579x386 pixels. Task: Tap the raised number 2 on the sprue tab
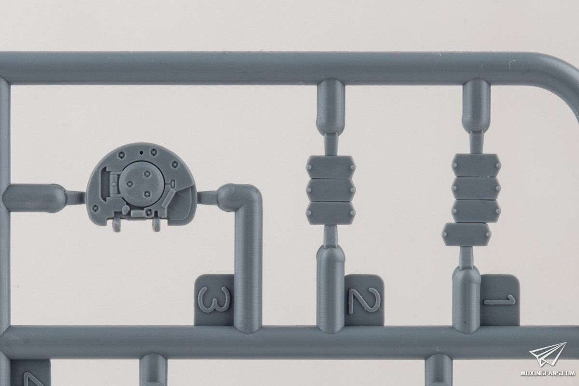(365, 301)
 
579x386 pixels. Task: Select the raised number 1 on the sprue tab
(499, 300)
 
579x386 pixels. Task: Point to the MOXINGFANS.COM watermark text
(548, 373)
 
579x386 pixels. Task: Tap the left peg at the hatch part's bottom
(117, 225)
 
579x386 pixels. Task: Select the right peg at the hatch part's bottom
(156, 224)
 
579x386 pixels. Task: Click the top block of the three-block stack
(331, 167)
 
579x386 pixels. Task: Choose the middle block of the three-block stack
(331, 190)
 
